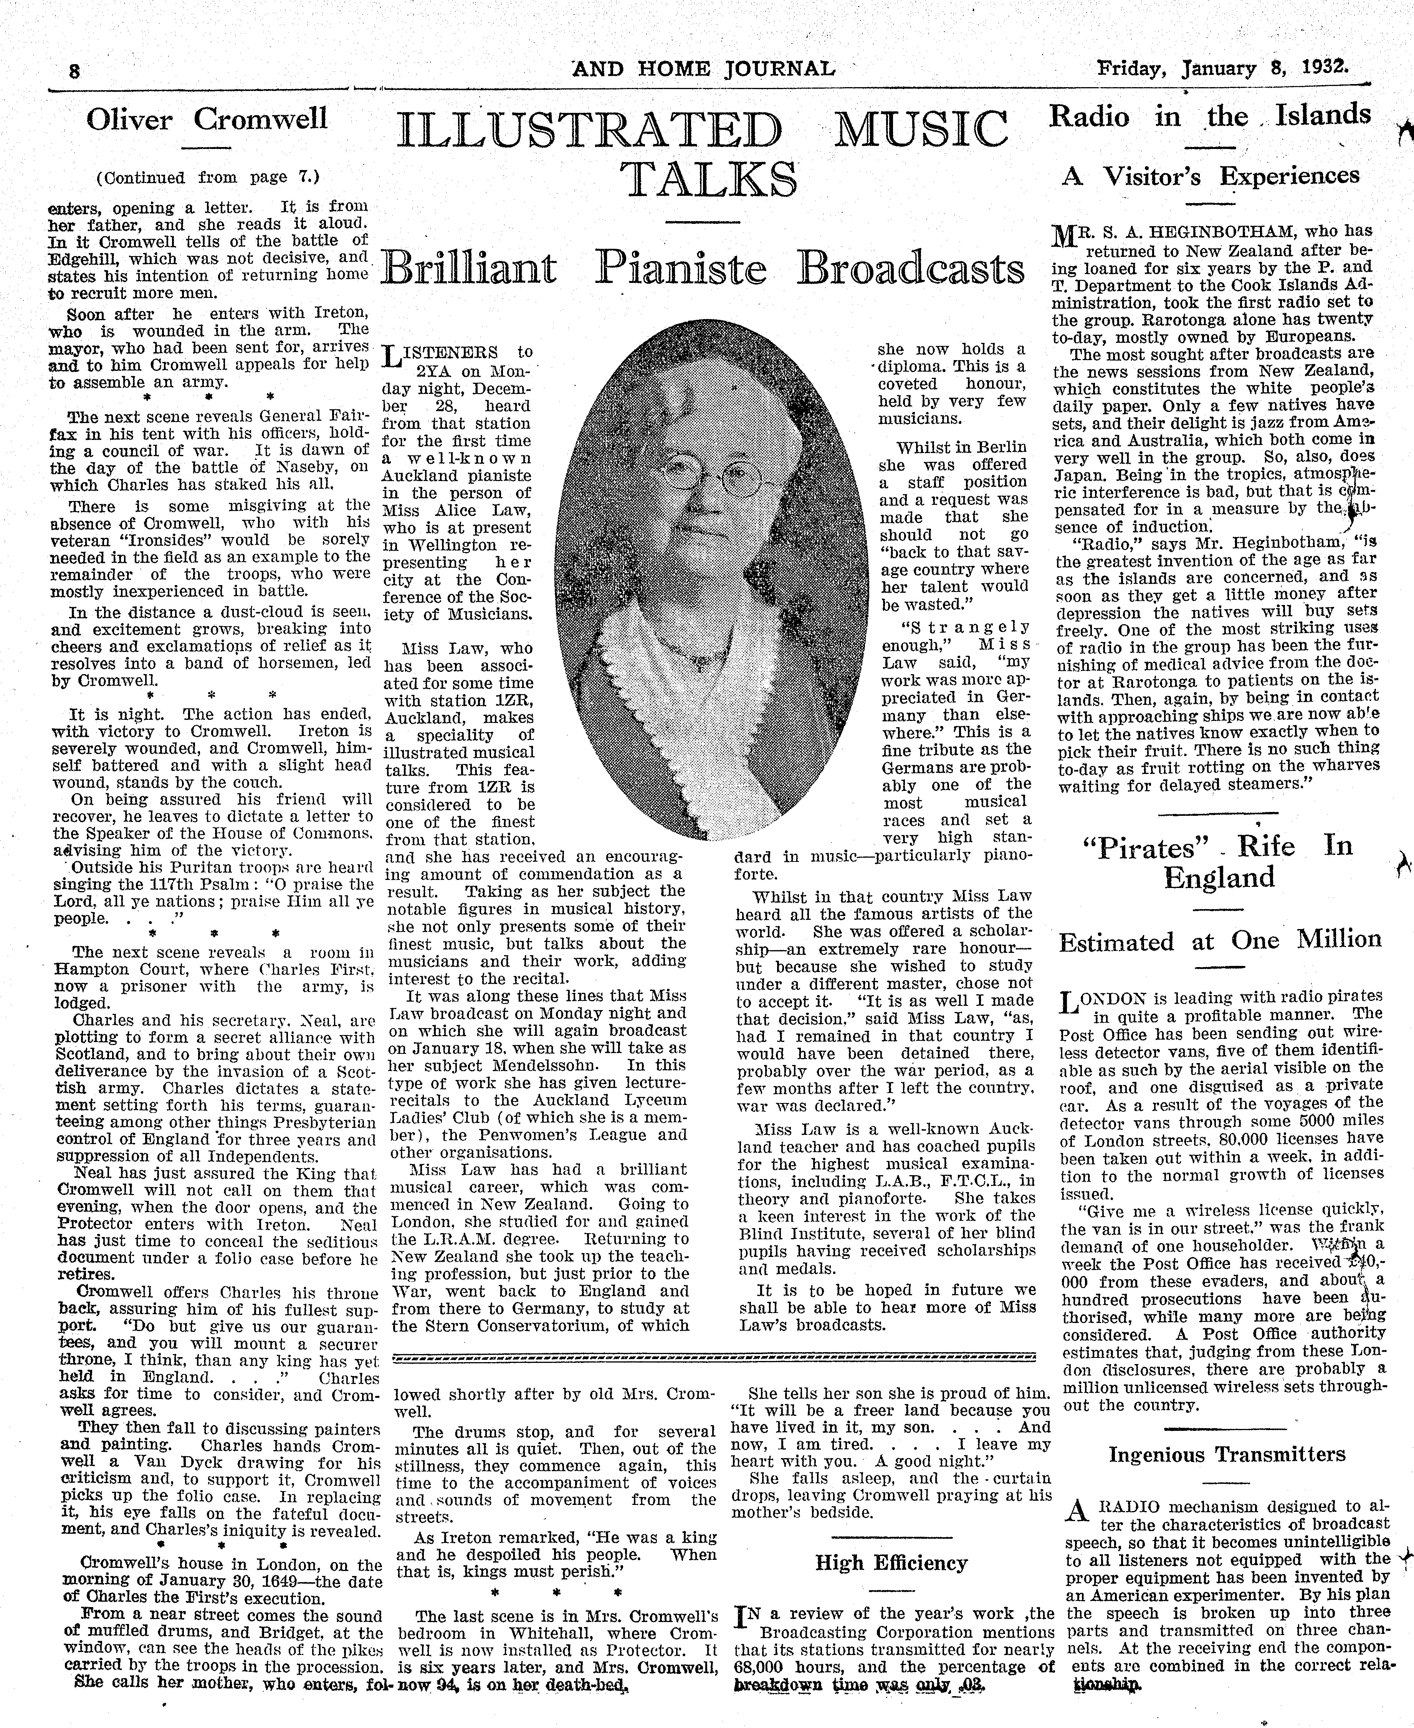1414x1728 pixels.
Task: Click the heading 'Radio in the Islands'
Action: click(x=1209, y=116)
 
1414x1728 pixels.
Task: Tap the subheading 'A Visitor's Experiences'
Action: click(x=1211, y=176)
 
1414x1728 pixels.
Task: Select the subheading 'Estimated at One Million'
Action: click(x=1219, y=941)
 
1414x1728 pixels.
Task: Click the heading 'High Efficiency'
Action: click(x=891, y=1563)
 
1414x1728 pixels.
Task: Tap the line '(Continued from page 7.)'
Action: click(x=208, y=177)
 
